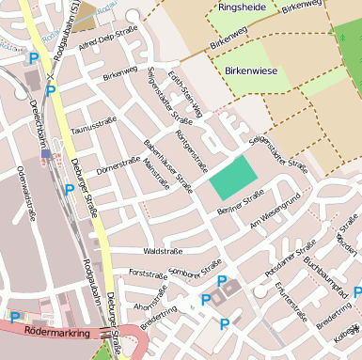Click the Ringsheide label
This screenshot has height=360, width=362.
pos(241,7)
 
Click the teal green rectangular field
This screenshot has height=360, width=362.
pos(232,178)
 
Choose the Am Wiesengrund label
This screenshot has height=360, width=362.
pos(275,212)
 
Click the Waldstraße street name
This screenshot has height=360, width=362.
pos(162,252)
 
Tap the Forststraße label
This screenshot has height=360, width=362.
pos(147,274)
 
